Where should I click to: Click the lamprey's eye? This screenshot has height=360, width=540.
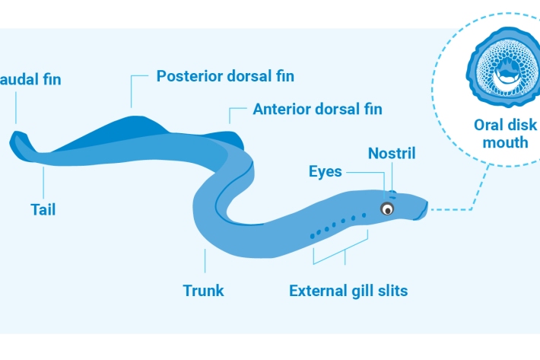pos(388,209)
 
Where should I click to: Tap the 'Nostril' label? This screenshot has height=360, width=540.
pos(392,153)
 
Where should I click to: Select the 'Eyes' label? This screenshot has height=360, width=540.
pos(326,171)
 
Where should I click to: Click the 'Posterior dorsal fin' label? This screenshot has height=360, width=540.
pos(225,76)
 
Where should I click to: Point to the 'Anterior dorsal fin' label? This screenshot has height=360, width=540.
pos(317,110)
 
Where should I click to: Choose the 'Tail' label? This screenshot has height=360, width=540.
pos(43,209)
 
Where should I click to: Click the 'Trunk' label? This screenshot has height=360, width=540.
pos(204,290)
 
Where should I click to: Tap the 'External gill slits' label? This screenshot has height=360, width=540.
pos(348,290)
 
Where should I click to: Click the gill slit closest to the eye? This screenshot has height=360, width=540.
pos(364,216)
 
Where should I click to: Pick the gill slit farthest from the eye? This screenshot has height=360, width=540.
pos(312,236)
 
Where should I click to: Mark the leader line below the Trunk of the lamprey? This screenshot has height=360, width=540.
pos(205,263)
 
